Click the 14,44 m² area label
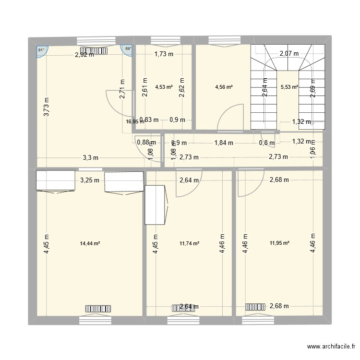coord(90,243)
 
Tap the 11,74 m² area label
coord(189,243)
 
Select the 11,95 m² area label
coord(279,243)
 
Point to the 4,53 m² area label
coord(163,87)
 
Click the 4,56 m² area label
coord(224,87)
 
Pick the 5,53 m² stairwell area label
coord(289,87)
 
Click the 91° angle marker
coord(41,49)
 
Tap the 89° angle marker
coord(128,49)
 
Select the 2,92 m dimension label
coord(84,55)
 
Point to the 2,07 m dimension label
coord(289,54)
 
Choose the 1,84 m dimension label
coord(224,143)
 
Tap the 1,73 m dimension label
coord(163,54)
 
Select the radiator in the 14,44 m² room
coord(97,308)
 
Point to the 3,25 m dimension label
coord(90,180)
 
